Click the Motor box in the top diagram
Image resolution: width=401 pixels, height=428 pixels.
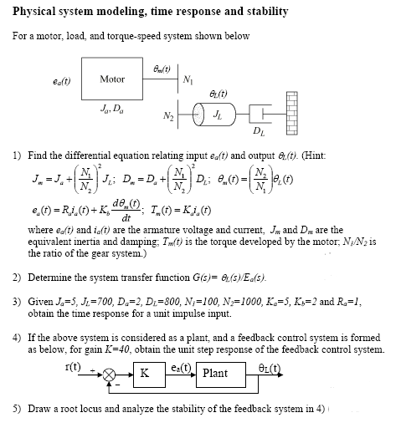(x=112, y=79)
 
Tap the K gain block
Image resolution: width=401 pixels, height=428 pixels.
(x=147, y=373)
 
